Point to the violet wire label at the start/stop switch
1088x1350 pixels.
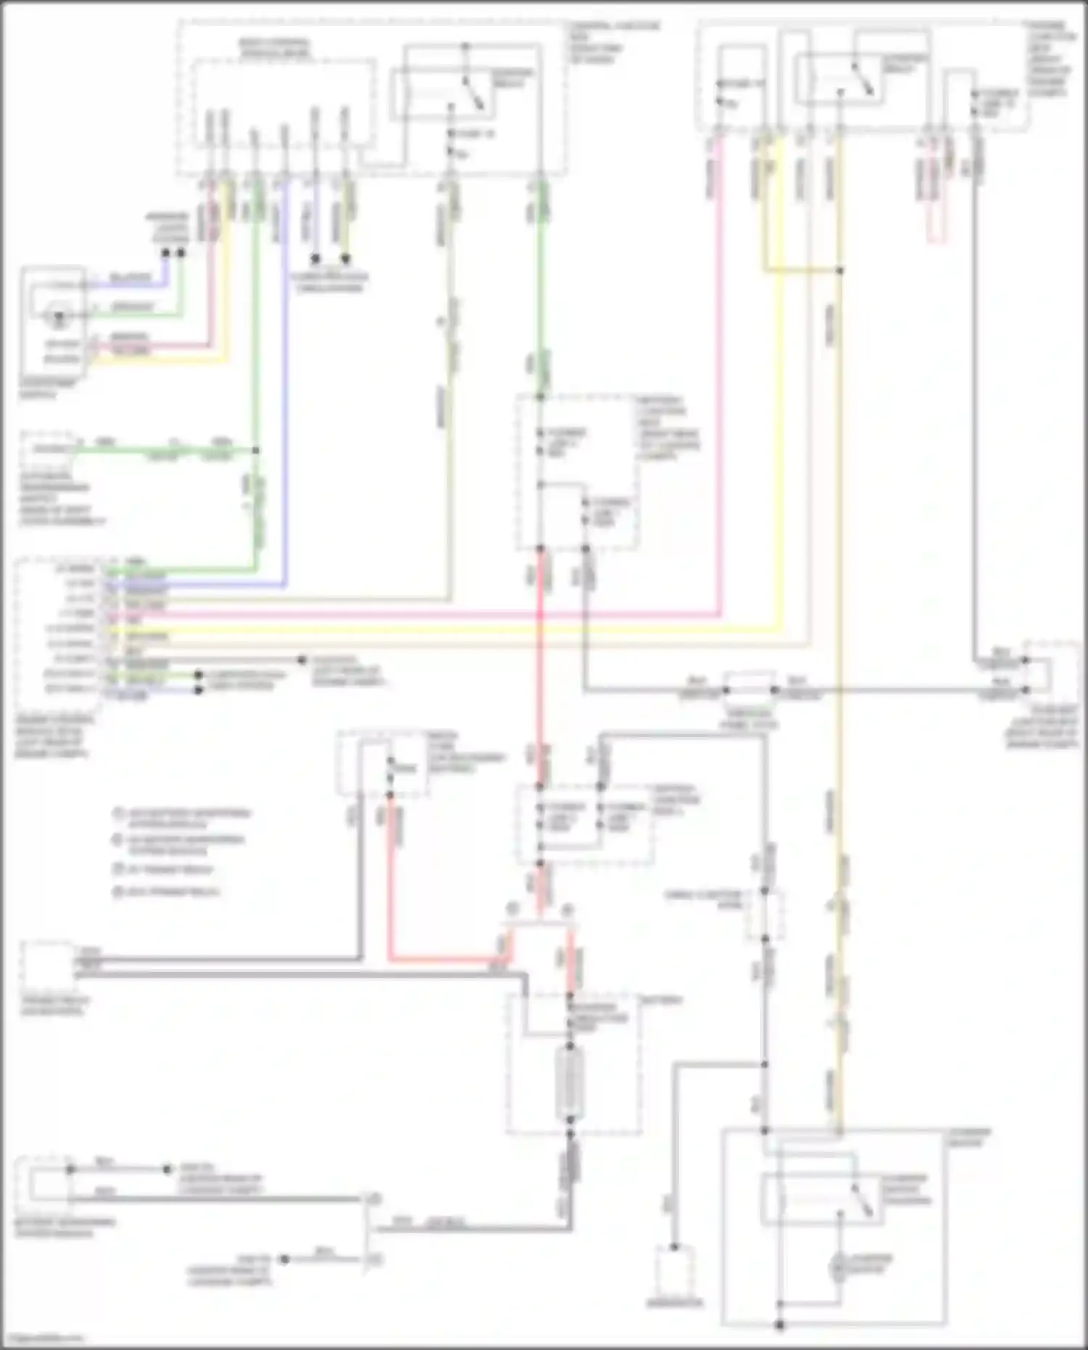click(x=131, y=279)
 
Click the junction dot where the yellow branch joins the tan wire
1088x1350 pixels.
click(x=840, y=271)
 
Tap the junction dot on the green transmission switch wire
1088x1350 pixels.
click(x=255, y=450)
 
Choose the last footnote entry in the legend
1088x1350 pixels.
click(x=168, y=892)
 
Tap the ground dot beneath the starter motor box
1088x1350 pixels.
click(x=780, y=1325)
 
